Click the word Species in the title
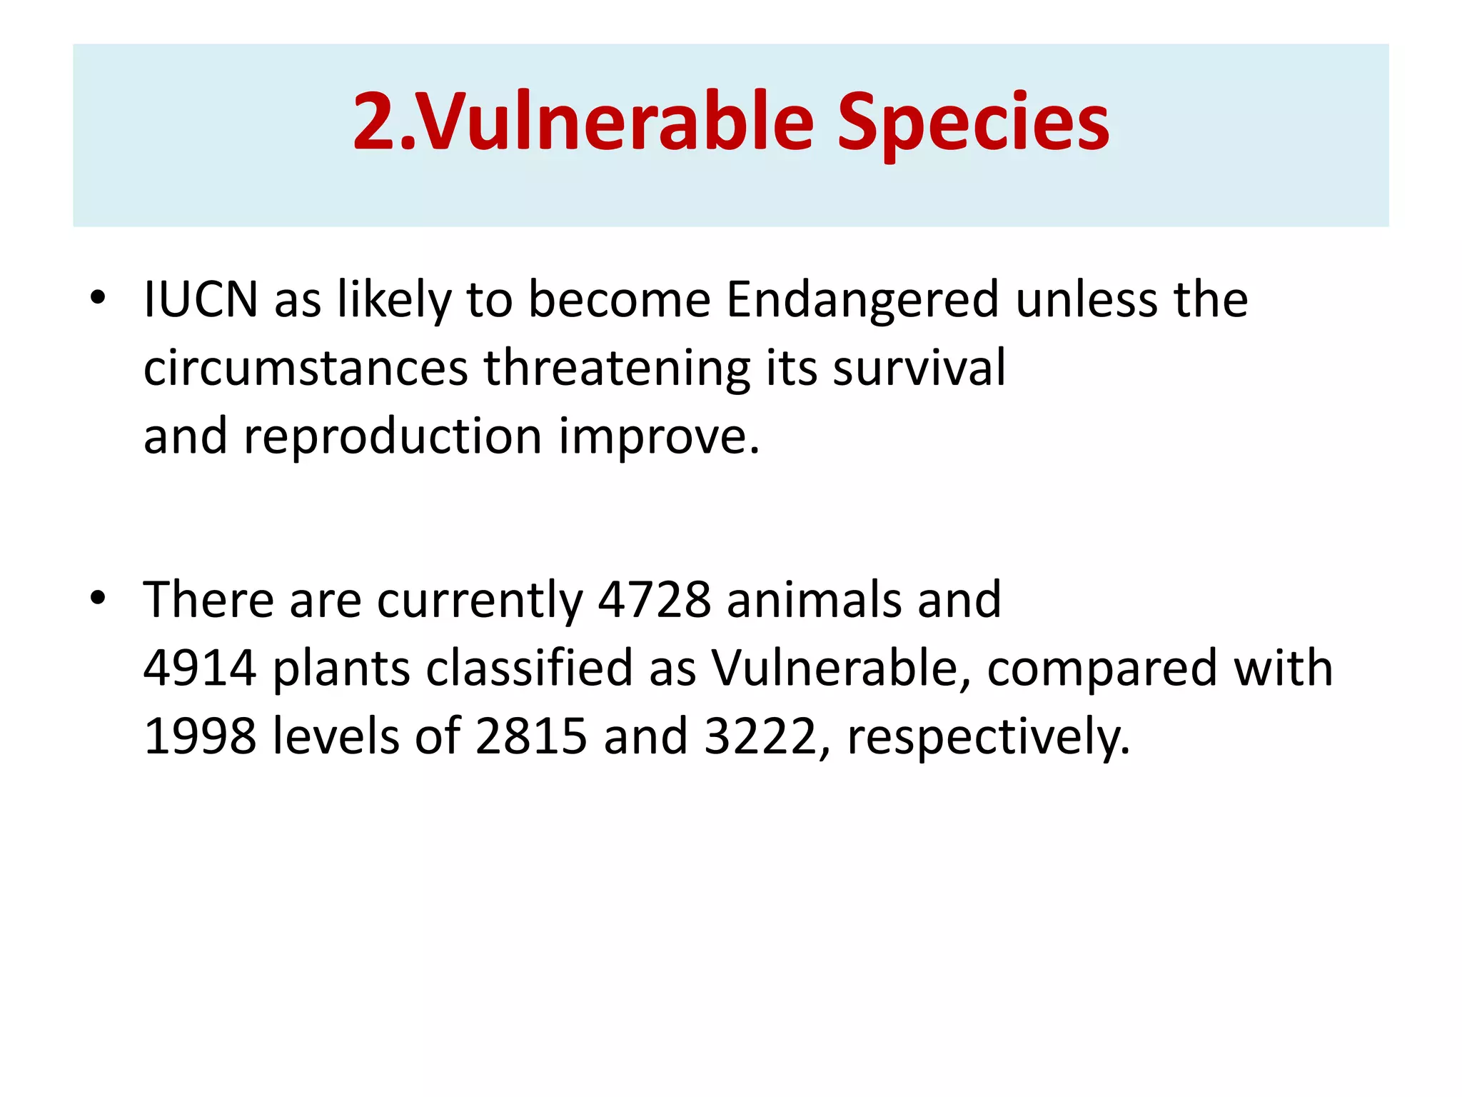972,123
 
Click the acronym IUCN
201,300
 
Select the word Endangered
862,300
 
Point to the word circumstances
306,369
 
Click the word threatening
617,369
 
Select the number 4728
654,600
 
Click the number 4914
200,668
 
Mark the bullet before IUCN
98,298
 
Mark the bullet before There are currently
98,598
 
